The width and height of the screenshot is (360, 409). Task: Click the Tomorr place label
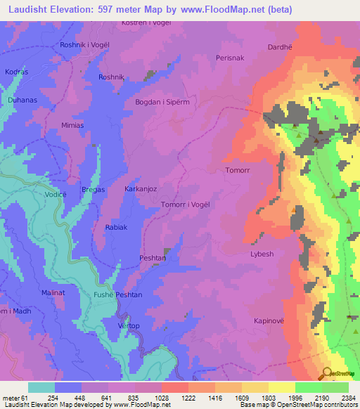(x=237, y=170)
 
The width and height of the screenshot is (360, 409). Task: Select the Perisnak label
(x=230, y=58)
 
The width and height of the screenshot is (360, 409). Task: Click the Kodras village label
(x=15, y=72)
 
